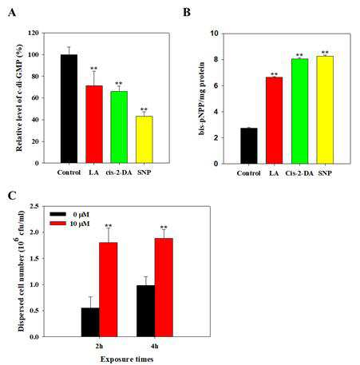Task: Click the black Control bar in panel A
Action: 69,109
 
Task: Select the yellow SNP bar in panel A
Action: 144,140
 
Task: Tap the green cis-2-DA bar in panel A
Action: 119,127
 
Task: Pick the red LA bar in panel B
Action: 274,121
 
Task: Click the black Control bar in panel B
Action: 249,146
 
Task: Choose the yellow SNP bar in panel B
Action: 325,109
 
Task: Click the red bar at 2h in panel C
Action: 109,289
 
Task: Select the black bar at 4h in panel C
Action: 145,311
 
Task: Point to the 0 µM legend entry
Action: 69,214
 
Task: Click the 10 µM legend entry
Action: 69,224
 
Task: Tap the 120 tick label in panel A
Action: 34,33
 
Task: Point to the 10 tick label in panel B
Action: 214,34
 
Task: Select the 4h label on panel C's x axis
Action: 154,347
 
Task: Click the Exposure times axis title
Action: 127,359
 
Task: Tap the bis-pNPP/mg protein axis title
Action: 202,98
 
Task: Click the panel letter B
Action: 187,12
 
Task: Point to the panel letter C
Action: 12,196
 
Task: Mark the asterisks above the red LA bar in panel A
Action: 94,69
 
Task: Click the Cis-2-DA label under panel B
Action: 299,173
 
